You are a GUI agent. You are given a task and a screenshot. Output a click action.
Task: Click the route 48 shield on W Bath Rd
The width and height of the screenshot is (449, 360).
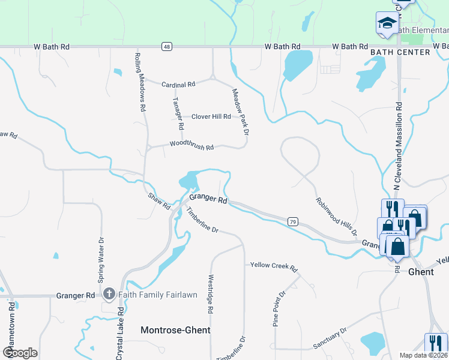[166, 46]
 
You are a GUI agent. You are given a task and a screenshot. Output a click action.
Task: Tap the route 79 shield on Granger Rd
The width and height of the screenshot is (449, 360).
[292, 221]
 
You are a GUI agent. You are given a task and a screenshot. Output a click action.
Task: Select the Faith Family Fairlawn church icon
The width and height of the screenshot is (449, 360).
[109, 294]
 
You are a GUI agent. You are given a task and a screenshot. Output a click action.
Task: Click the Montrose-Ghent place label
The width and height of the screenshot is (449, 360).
[175, 330]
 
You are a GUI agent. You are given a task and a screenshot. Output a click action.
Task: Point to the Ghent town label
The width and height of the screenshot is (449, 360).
[421, 272]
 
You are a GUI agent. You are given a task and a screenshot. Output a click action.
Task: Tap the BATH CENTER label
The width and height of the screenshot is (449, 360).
[400, 52]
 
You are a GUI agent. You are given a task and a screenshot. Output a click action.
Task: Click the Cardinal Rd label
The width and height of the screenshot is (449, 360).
[178, 85]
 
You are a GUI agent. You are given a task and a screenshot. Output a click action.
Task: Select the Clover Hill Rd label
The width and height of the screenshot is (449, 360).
[211, 116]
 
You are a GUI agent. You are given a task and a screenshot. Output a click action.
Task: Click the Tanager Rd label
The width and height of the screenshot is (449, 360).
[178, 113]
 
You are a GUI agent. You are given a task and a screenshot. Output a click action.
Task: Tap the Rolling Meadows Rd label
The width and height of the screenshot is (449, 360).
[140, 83]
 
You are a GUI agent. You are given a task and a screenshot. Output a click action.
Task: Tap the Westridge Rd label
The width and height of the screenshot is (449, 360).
[210, 295]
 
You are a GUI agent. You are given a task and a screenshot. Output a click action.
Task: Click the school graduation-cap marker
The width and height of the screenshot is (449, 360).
[387, 24]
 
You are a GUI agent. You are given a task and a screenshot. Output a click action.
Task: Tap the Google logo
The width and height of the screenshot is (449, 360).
[20, 352]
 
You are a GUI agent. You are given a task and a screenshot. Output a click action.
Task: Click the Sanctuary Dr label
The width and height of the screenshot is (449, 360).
[330, 338]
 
